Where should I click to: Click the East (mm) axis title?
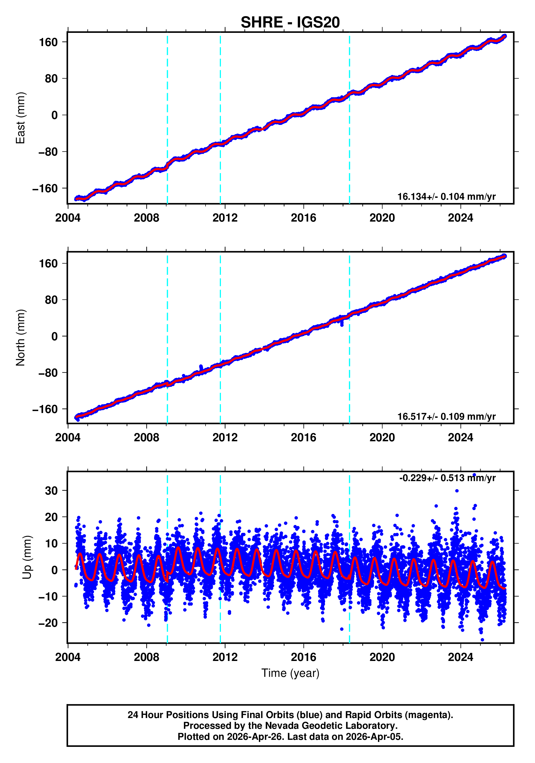21,118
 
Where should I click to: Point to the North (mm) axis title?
21,338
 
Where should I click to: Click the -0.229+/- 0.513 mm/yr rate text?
447,478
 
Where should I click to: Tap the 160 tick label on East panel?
48,42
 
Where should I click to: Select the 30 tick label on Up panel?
51,491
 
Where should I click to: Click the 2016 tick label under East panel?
303,218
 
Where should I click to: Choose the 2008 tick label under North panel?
146,438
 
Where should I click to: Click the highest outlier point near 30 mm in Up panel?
457,491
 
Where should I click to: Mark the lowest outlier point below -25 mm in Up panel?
482,640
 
